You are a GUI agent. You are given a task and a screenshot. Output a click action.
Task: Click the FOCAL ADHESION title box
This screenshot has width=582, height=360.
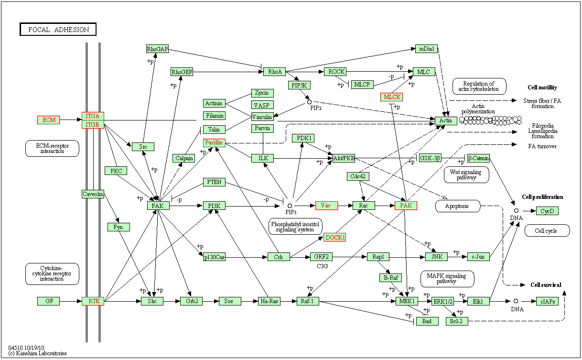[x=58, y=29]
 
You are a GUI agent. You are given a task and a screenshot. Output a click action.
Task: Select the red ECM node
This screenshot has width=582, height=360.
[x=49, y=120]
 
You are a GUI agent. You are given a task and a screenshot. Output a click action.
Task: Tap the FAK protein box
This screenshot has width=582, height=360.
[x=158, y=206]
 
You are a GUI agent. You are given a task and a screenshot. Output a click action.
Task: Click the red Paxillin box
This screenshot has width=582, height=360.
[x=214, y=142]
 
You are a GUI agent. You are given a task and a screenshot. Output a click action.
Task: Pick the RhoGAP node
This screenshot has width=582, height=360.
[x=158, y=49]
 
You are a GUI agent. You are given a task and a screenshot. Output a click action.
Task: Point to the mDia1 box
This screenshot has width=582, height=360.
[x=426, y=49]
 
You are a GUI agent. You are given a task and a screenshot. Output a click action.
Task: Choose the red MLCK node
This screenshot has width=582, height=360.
[x=391, y=97]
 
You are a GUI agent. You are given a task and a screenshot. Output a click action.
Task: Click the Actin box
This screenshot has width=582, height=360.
[x=446, y=120]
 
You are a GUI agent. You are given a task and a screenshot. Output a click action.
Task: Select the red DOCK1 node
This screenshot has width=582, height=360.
[x=334, y=237]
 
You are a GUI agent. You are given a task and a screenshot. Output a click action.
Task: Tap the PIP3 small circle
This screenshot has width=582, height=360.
[x=290, y=206]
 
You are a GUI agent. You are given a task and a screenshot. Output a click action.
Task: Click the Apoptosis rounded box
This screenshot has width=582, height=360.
[x=458, y=206]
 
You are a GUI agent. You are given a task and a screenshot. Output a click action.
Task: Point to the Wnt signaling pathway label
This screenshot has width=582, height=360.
[x=466, y=175]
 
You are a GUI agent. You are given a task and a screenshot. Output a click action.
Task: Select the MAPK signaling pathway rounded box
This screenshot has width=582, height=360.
[x=447, y=279]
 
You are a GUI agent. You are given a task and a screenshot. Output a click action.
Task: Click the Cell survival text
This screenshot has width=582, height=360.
[x=546, y=285]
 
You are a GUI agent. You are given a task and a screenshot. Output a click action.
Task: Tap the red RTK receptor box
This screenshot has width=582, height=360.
[x=93, y=301]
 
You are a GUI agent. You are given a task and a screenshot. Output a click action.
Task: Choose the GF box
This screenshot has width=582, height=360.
[x=49, y=301]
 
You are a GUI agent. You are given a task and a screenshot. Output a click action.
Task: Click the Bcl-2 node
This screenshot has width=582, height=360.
[x=457, y=321]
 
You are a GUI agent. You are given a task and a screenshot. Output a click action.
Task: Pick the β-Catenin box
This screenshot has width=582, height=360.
[x=478, y=158]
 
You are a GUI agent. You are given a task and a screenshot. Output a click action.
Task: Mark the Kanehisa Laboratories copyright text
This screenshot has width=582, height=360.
[x=37, y=353]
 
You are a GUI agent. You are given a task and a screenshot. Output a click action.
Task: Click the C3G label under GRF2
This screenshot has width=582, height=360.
[x=322, y=266]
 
